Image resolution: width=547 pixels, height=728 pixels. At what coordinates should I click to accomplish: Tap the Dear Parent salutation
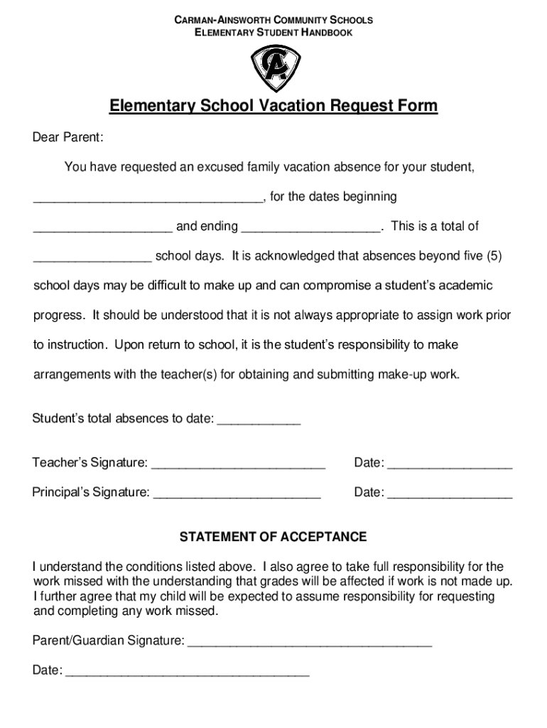(x=68, y=136)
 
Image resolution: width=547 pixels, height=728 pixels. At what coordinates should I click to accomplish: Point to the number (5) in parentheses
(x=494, y=255)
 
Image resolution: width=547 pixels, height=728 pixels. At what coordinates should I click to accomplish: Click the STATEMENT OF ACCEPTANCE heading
(x=273, y=537)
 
